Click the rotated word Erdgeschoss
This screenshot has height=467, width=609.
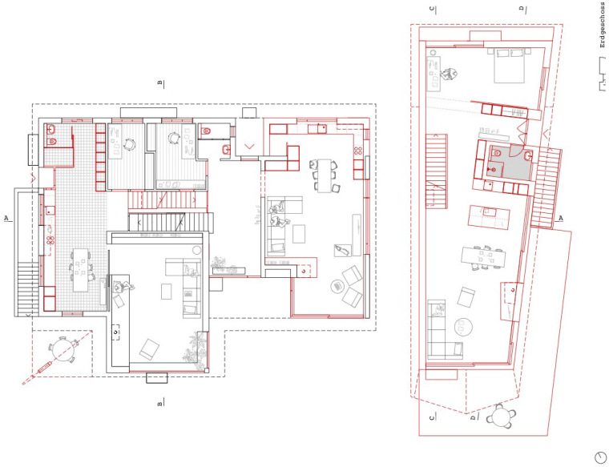tap(603, 26)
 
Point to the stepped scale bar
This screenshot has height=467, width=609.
tap(602, 74)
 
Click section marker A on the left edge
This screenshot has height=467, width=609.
tap(6, 218)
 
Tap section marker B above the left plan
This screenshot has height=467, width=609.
tap(160, 83)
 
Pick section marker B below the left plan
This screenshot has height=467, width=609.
tap(160, 402)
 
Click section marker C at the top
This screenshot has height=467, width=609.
tap(433, 10)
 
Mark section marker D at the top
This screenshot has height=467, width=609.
tap(522, 10)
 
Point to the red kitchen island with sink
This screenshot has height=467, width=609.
tap(489, 216)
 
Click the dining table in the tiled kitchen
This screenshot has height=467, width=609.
tap(81, 270)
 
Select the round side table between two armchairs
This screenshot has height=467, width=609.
tap(337, 287)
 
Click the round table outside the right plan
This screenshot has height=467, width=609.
tap(501, 417)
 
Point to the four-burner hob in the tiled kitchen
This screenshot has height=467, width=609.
tap(50, 240)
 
